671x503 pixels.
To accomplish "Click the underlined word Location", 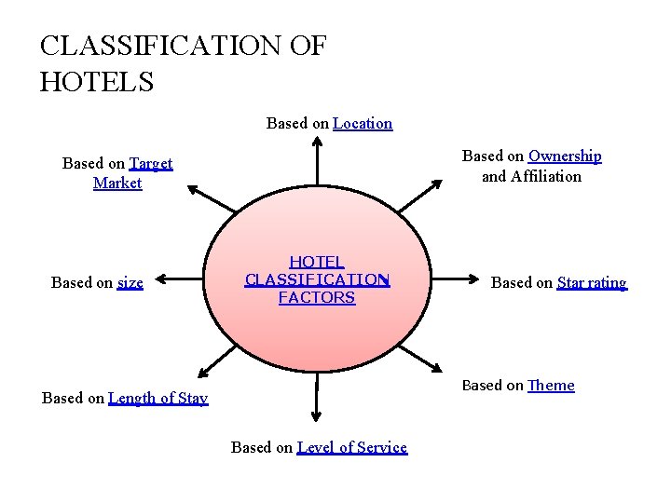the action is tap(363, 123).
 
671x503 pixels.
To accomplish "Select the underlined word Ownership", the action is tap(565, 156).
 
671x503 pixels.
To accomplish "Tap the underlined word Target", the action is tap(151, 163).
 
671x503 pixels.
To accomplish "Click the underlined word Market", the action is tap(117, 183).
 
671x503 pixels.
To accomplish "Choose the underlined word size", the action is tap(130, 282).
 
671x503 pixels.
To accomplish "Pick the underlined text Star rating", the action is tap(592, 282).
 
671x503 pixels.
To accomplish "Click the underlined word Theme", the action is tap(551, 385).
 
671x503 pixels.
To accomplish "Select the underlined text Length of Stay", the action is tap(158, 399).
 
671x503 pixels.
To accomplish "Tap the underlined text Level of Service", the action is tap(352, 447).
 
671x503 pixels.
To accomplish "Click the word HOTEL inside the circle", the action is tap(317, 263).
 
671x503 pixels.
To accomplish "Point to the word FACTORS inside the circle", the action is tap(317, 298).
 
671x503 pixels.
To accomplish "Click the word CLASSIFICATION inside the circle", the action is tap(317, 279).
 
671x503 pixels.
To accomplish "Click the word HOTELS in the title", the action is tap(97, 80).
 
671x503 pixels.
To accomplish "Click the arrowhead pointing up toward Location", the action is tap(317, 143).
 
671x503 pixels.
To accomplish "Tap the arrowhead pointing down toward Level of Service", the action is tap(317, 415).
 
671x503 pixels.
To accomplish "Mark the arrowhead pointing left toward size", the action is tap(161, 278).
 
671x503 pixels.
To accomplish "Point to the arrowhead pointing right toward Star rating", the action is tap(472, 278).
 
